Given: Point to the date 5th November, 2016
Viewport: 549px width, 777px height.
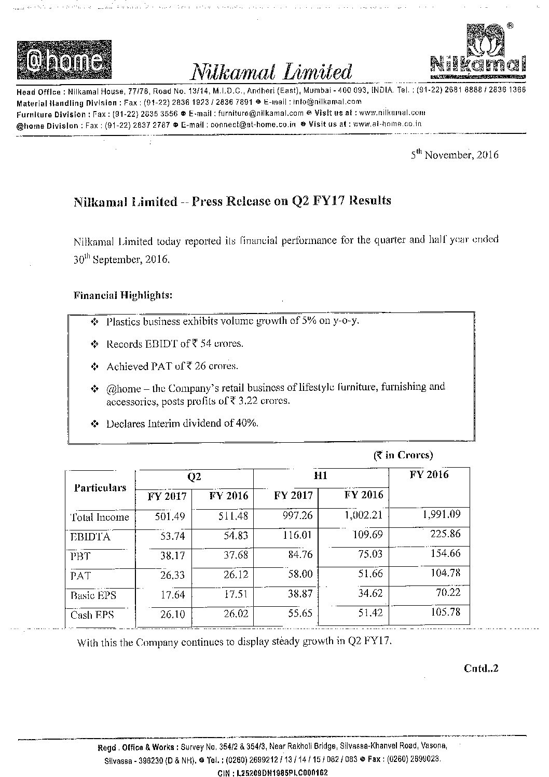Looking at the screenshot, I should [x=455, y=155].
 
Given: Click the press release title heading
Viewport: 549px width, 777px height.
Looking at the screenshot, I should [x=232, y=201].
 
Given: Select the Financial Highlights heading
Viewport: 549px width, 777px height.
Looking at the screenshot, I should [x=122, y=295].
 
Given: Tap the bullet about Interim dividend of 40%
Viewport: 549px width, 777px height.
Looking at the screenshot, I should [x=182, y=423].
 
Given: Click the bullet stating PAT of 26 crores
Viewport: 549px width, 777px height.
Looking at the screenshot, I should [x=172, y=366].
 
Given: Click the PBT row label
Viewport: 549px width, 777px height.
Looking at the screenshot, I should [x=80, y=556].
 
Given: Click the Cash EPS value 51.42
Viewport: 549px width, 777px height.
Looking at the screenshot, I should [x=370, y=613].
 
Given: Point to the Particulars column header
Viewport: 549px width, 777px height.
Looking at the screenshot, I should [x=100, y=487].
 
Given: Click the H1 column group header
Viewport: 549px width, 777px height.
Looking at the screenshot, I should [x=321, y=476].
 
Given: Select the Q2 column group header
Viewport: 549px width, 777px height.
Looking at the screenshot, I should [x=194, y=476].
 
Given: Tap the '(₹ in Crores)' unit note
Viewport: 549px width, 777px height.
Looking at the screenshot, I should [x=402, y=455].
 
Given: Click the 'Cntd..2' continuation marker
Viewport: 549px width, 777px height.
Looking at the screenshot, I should [x=481, y=668].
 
